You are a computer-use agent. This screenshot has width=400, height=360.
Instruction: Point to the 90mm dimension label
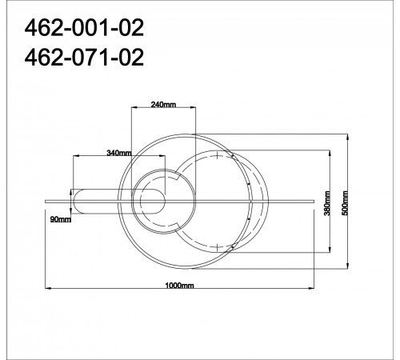point(60,218)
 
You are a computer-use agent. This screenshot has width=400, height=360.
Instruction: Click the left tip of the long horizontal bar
point(45,195)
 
